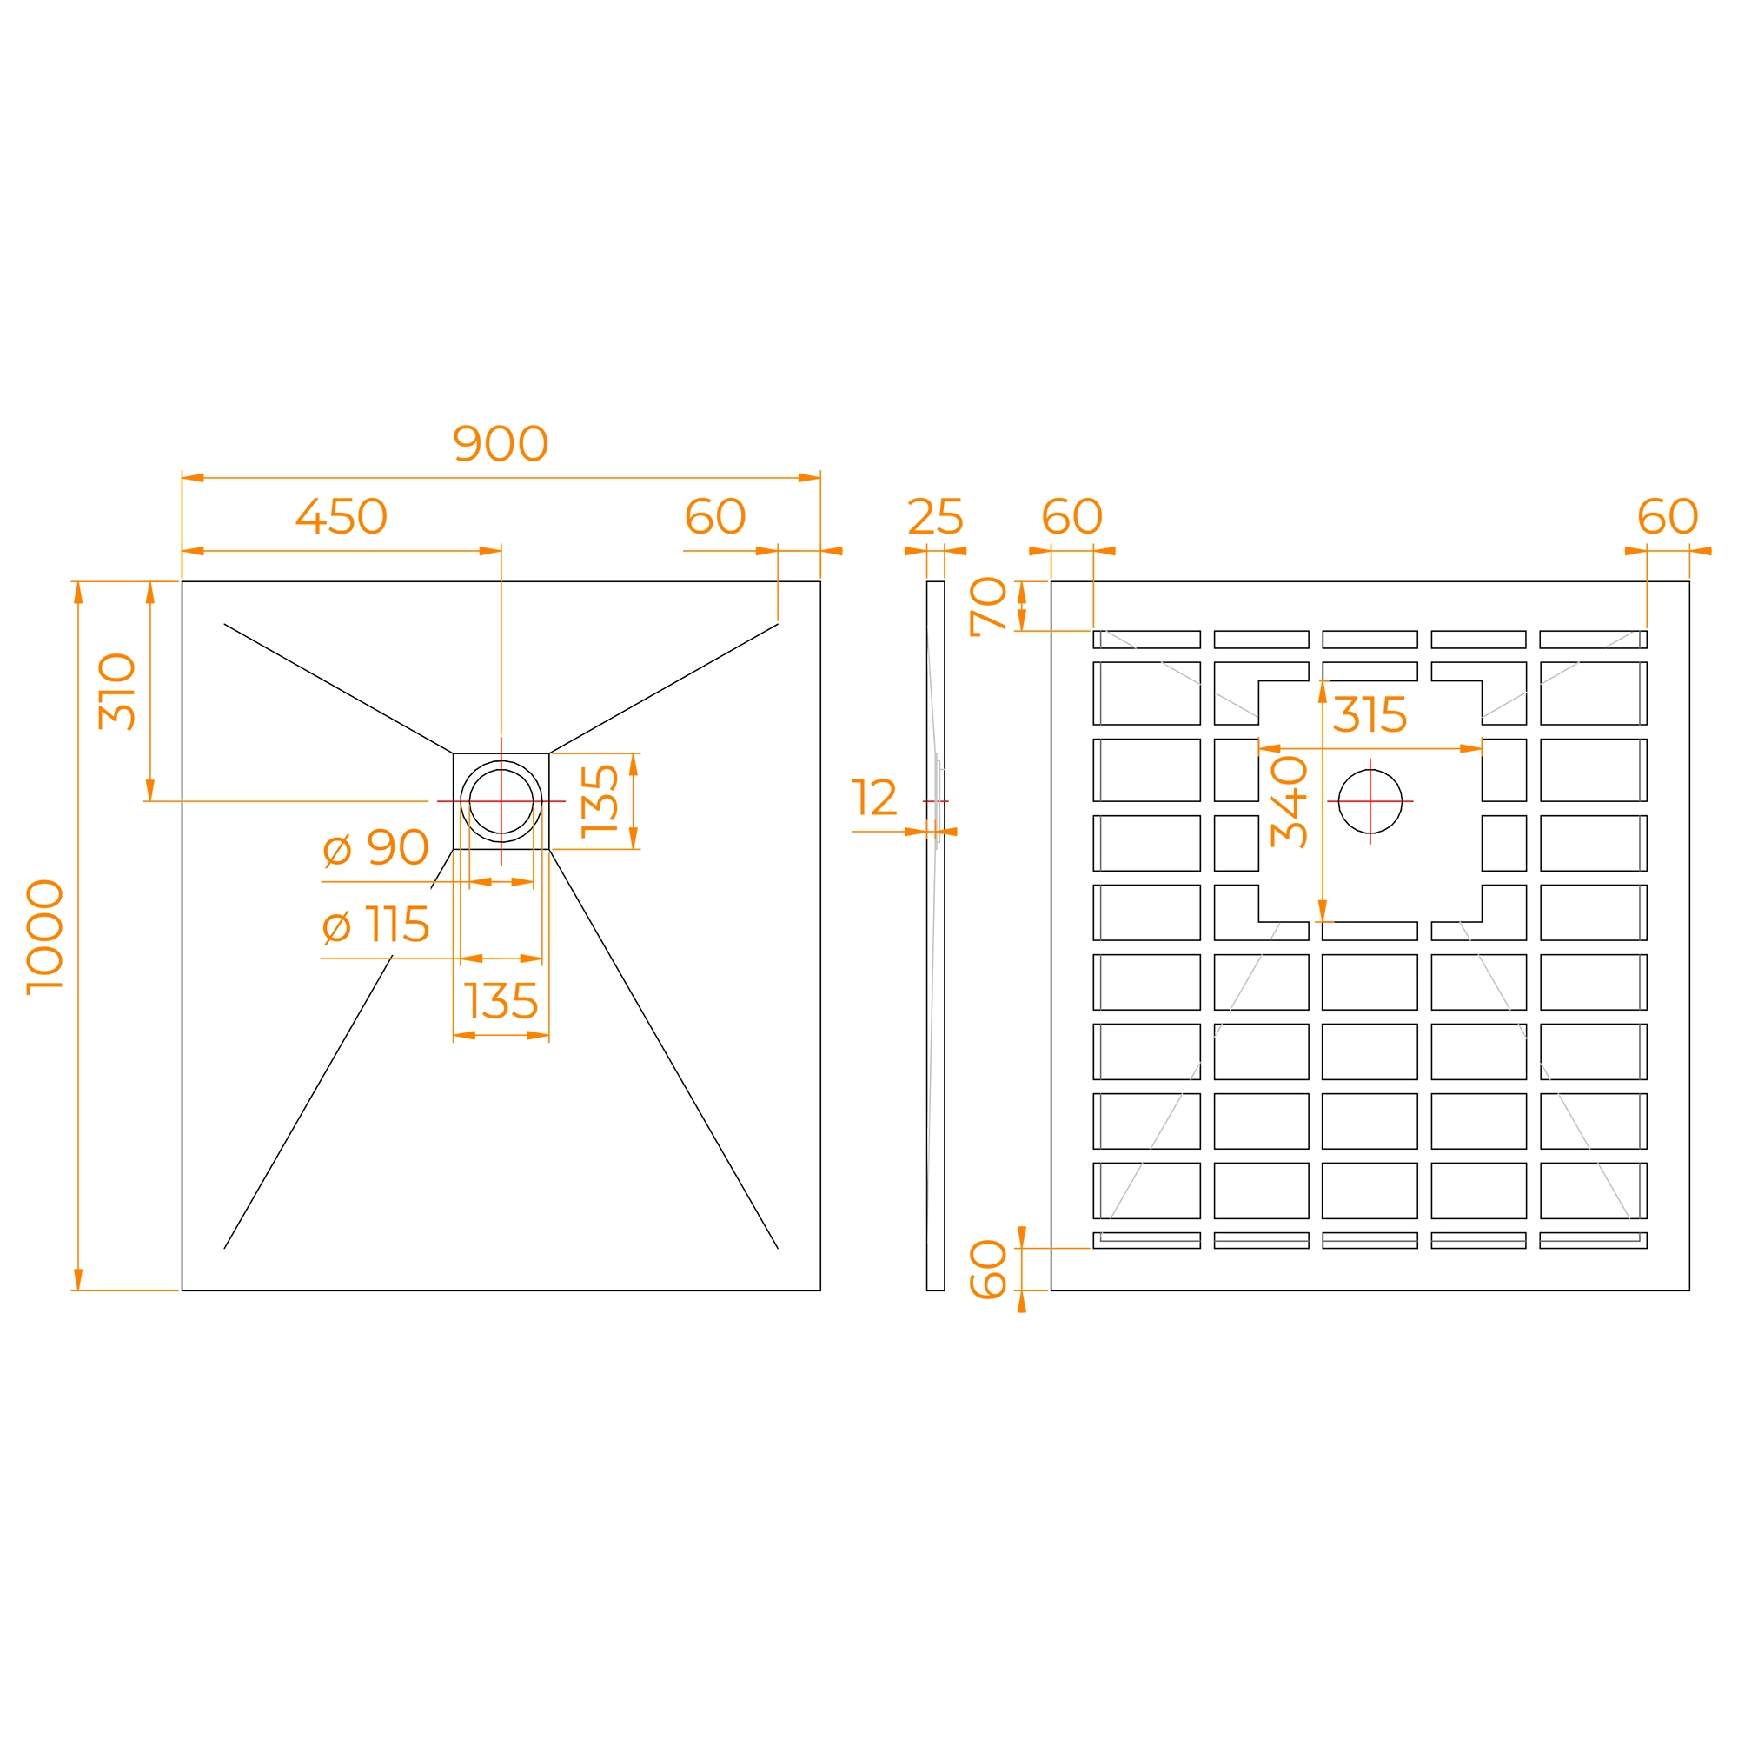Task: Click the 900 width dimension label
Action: [501, 443]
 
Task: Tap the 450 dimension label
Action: [341, 516]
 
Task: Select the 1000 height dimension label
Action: [45, 937]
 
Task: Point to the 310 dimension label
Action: [117, 691]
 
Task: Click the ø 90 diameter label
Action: [375, 847]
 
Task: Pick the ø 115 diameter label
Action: [375, 925]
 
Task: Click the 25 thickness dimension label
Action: [935, 516]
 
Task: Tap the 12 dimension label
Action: [874, 797]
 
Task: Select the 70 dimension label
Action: [989, 607]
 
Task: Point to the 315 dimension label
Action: [1370, 715]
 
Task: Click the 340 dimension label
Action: [1289, 801]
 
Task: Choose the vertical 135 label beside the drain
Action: [600, 801]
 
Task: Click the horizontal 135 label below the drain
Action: [501, 1000]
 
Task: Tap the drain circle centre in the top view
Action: [501, 801]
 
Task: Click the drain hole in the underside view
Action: [1370, 801]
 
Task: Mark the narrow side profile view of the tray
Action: [936, 936]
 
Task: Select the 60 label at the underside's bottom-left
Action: [989, 1270]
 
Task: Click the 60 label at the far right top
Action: [1668, 516]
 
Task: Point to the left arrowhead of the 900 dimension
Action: [193, 478]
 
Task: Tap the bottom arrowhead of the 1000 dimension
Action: [78, 1279]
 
